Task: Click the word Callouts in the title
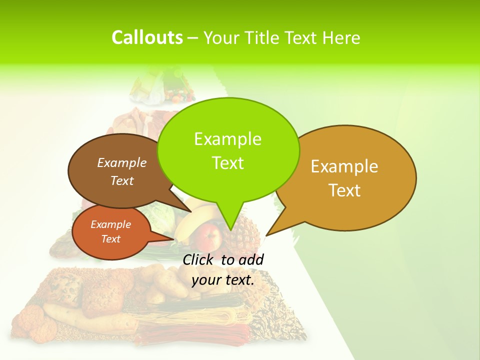coord(147,37)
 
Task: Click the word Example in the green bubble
coord(227,139)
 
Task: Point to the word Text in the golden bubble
coord(344,190)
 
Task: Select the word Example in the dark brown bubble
coord(121,162)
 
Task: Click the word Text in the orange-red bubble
coord(110,239)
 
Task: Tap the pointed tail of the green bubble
coord(230,225)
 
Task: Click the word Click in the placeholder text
coord(199,260)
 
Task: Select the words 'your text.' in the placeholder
coord(223,280)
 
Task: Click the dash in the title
coord(193,38)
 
